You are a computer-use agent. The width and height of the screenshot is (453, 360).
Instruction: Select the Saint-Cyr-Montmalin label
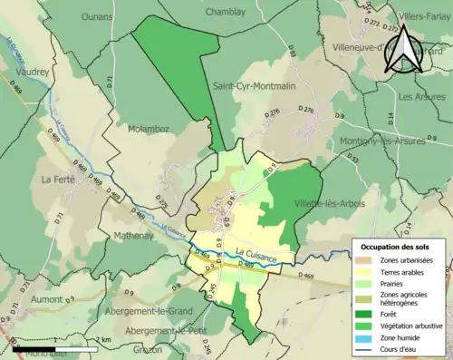[255, 85]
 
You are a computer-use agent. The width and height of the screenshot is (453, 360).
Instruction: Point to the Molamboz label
[149, 130]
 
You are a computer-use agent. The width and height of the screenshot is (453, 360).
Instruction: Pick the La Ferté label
[58, 179]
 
